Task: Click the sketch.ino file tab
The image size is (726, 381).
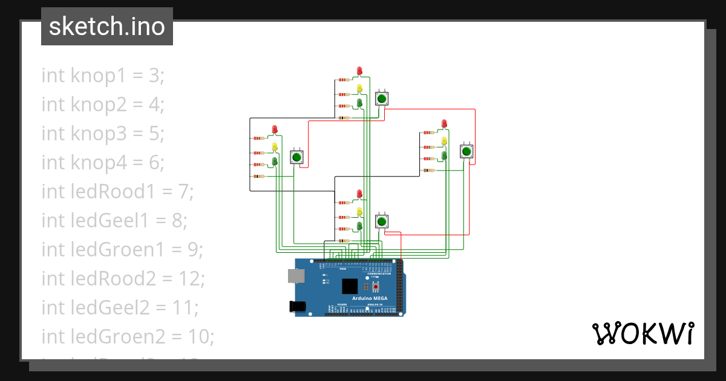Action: pyautogui.click(x=107, y=27)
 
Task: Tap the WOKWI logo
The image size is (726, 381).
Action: pyautogui.click(x=643, y=333)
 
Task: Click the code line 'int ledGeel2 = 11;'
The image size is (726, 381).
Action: pyautogui.click(x=120, y=308)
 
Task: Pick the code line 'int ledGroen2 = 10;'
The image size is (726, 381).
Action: pyautogui.click(x=128, y=336)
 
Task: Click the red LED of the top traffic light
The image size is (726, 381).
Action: pyautogui.click(x=359, y=71)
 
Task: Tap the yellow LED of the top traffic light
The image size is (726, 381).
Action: pyautogui.click(x=359, y=88)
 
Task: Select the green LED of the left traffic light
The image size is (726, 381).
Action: pyautogui.click(x=275, y=161)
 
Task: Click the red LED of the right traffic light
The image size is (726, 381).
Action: pyautogui.click(x=444, y=123)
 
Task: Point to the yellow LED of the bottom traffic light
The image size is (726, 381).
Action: pyautogui.click(x=359, y=211)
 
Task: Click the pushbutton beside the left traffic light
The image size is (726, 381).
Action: pyautogui.click(x=296, y=157)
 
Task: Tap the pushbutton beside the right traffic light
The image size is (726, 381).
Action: pyautogui.click(x=466, y=151)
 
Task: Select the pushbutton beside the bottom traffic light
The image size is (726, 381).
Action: pyautogui.click(x=381, y=222)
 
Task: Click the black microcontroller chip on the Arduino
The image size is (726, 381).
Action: pyautogui.click(x=350, y=286)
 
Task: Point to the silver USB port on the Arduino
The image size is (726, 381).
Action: pyautogui.click(x=296, y=276)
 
